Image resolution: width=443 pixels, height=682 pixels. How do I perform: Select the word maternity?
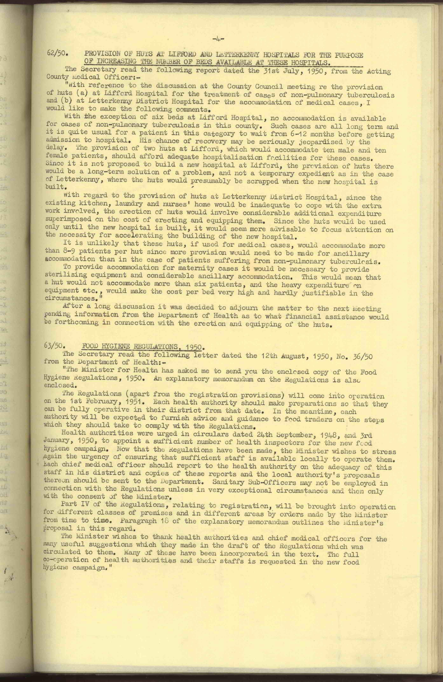coord(207,269)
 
